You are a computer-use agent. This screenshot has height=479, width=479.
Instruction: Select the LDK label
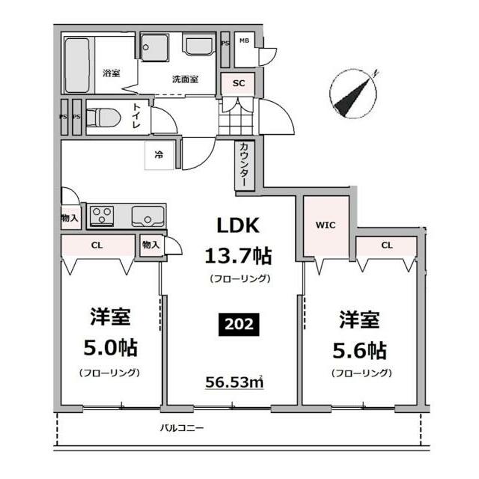tap(238, 225)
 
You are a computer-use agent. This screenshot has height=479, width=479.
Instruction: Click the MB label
tap(243, 40)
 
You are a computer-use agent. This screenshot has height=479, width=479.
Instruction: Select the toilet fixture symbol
tap(102, 118)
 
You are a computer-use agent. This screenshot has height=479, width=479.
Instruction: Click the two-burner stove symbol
tap(101, 216)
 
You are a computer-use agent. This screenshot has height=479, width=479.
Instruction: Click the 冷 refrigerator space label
tap(159, 155)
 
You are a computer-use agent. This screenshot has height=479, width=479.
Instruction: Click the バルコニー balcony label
tap(183, 428)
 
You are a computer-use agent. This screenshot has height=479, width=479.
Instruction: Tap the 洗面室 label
tap(185, 79)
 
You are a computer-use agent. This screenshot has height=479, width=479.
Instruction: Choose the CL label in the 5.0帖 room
tap(97, 245)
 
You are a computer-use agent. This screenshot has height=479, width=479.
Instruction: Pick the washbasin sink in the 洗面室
tap(201, 45)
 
